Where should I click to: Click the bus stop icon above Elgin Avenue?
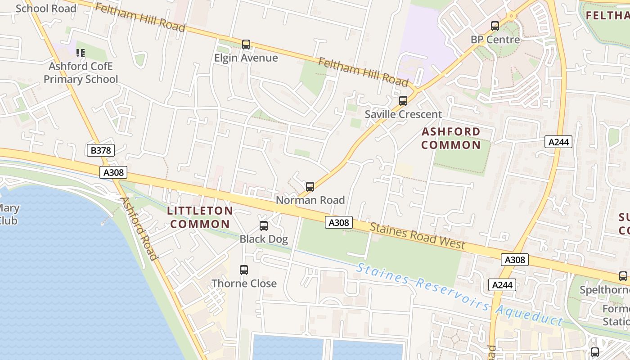coord(246,45)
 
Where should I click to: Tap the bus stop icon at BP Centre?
coord(495,26)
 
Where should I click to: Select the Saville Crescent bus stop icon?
coord(403,101)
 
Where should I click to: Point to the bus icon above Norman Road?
coord(310,187)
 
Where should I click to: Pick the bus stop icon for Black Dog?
coord(264,226)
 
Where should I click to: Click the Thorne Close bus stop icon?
coord(244,270)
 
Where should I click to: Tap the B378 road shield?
coord(101,150)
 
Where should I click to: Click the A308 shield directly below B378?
coord(113,172)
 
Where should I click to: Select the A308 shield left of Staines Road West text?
coord(339,222)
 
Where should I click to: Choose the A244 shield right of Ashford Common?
coord(558,142)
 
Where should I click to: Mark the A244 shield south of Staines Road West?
coord(502,285)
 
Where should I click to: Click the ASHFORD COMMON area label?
coord(451,139)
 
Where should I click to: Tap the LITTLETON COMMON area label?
coord(200,217)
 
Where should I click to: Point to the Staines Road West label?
coord(417,236)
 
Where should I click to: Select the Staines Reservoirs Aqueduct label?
coord(459,295)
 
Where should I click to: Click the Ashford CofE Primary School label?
coord(81,73)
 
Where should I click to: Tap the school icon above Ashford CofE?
coord(81,53)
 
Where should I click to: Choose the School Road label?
coord(46,9)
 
